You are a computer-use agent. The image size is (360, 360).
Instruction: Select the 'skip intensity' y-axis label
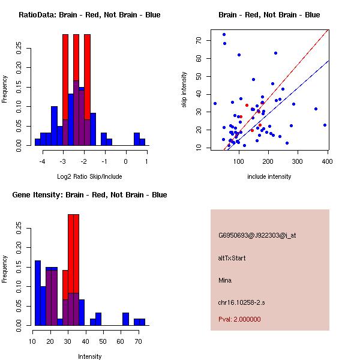pyautogui.click(x=184, y=90)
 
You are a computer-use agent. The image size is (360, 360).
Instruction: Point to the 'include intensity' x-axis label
pyautogui.click(x=269, y=176)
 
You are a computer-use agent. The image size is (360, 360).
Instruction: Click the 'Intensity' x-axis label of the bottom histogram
pyautogui.click(x=89, y=356)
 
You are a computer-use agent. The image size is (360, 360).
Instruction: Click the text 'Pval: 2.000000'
pyautogui.click(x=239, y=319)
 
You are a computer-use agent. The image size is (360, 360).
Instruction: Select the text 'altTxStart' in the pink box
pyautogui.click(x=232, y=258)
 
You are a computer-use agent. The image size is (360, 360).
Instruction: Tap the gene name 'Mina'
pyautogui.click(x=225, y=280)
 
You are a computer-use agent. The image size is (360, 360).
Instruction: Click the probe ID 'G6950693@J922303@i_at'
pyautogui.click(x=257, y=235)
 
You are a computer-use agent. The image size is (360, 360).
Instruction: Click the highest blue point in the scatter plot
pyautogui.click(x=224, y=34)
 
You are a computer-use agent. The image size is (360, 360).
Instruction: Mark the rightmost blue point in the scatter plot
pyautogui.click(x=325, y=125)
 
